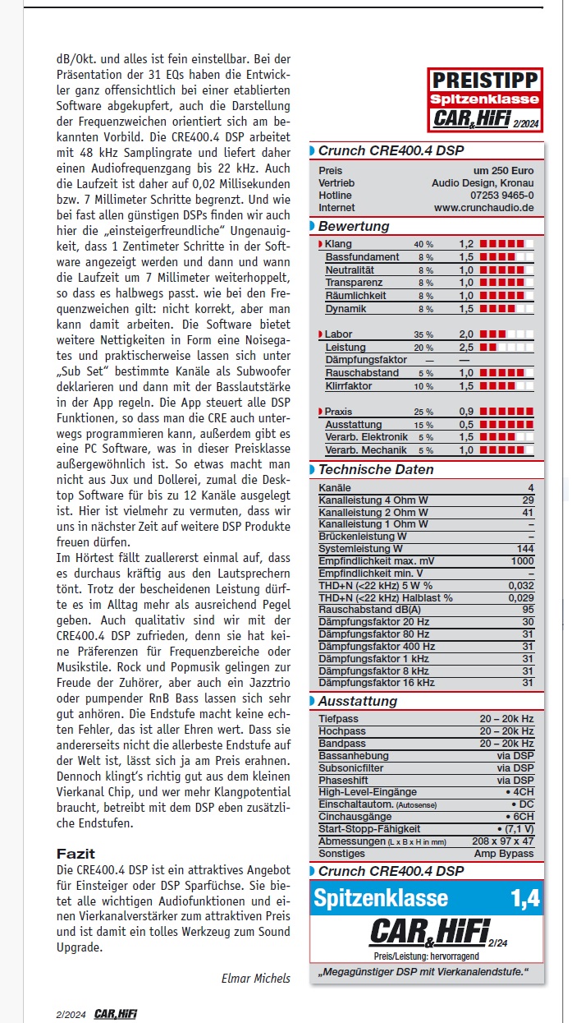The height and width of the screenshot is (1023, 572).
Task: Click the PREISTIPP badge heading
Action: pos(485,80)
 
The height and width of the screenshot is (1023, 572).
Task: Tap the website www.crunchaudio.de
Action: pos(484,208)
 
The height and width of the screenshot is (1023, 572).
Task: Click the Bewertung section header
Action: pos(354,226)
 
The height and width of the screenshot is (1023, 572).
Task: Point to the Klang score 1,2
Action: pos(466,244)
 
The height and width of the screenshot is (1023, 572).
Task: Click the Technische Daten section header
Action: pos(376,469)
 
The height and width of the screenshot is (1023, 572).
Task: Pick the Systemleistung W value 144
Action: pos(524,548)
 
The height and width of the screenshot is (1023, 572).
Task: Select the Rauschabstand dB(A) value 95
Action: pos(527,610)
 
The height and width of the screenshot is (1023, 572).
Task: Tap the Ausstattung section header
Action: pos(357,701)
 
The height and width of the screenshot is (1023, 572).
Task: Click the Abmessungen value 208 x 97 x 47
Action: pos(503,841)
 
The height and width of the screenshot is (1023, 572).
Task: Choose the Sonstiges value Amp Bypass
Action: pos(504,853)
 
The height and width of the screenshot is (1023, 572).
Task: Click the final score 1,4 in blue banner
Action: pos(525,898)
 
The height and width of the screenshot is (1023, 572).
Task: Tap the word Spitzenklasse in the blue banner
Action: pos(381,898)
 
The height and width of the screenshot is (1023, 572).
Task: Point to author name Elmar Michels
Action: pos(255,978)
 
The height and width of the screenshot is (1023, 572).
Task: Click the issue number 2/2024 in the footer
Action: pos(71,1014)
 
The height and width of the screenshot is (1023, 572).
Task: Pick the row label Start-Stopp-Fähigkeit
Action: pos(369,829)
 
